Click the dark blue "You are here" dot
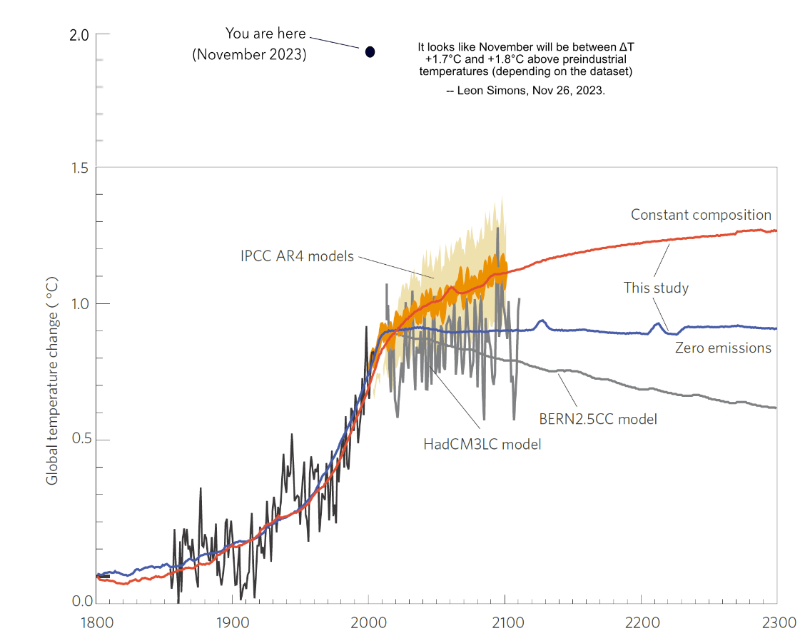(370, 51)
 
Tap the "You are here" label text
(265, 34)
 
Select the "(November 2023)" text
(249, 54)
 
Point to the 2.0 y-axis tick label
(79, 35)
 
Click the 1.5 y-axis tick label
(79, 168)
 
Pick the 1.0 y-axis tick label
(79, 304)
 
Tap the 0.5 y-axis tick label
(79, 440)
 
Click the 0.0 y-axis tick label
(79, 601)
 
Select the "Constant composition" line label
(701, 215)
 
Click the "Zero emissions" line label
(723, 348)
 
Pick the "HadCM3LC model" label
(482, 444)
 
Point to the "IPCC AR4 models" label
(297, 256)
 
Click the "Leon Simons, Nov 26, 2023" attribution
(525, 92)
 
